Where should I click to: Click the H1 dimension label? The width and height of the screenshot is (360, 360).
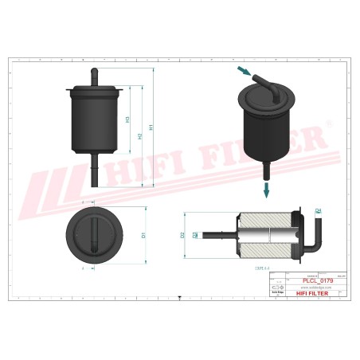[152, 127]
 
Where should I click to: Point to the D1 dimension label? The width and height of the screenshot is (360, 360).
[144, 235]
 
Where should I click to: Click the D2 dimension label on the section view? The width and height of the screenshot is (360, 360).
[184, 235]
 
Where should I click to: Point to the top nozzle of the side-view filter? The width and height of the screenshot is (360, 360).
[95, 76]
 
